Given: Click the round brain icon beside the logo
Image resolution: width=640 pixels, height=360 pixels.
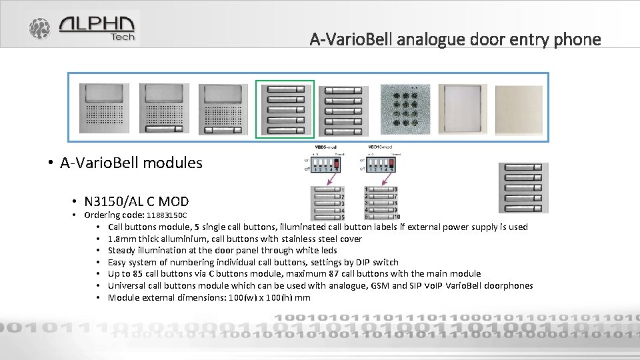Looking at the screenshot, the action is (39, 29).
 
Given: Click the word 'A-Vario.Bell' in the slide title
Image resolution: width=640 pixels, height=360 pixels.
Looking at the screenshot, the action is (351, 39).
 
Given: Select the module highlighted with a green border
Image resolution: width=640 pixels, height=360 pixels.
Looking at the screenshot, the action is (285, 109).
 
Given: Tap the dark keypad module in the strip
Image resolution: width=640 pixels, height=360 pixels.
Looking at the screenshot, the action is (405, 109).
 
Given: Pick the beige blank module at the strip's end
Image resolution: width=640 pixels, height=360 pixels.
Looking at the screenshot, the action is (519, 109).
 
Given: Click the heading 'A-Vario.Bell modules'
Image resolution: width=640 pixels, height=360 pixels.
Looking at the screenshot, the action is (131, 163).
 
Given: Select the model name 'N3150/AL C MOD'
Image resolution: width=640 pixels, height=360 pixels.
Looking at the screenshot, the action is (137, 201).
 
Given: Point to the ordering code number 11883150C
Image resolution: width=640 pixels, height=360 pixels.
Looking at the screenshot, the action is (167, 215).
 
